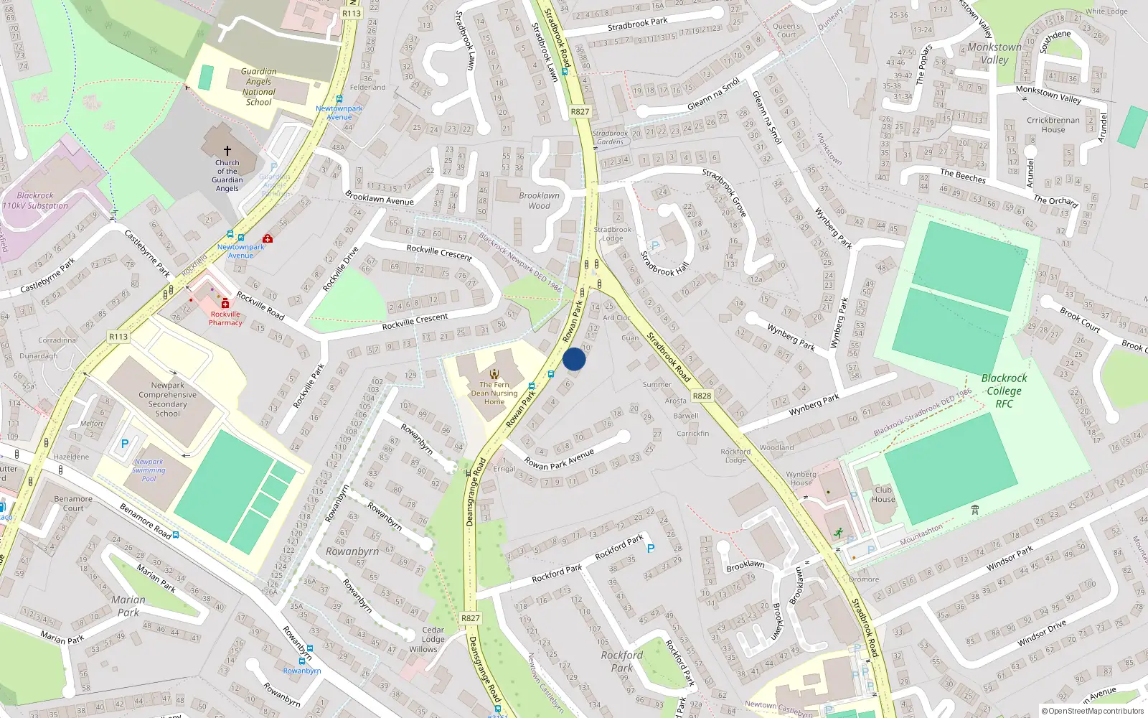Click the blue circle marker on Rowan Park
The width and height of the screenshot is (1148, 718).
pyautogui.click(x=574, y=359)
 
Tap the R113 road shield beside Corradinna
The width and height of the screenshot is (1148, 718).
pyautogui.click(x=118, y=337)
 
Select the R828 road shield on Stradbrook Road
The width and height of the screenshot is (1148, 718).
pyautogui.click(x=702, y=396)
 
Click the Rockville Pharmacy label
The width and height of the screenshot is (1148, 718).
pyautogui.click(x=225, y=318)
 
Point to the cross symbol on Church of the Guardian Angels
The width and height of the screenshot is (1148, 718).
pyautogui.click(x=227, y=151)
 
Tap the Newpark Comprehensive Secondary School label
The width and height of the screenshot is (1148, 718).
pyautogui.click(x=167, y=399)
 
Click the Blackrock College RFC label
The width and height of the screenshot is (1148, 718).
pyautogui.click(x=1004, y=391)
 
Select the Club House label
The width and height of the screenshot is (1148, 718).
pyautogui.click(x=883, y=495)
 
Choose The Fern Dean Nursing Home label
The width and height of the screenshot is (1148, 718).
pyautogui.click(x=494, y=393)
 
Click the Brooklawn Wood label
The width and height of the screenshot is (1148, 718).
pyautogui.click(x=540, y=200)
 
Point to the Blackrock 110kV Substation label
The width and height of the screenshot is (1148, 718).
pyautogui.click(x=35, y=200)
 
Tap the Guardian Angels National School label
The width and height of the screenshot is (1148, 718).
pyautogui.click(x=259, y=87)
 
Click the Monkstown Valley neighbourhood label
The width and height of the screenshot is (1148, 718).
pyautogui.click(x=994, y=53)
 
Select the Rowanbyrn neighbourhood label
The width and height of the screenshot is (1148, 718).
pyautogui.click(x=352, y=551)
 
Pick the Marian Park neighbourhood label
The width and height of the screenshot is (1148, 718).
pyautogui.click(x=128, y=606)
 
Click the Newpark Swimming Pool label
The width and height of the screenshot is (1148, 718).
pyautogui.click(x=149, y=470)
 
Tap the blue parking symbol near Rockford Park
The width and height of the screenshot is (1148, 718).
pyautogui.click(x=651, y=549)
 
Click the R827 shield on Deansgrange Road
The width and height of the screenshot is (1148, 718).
pyautogui.click(x=471, y=618)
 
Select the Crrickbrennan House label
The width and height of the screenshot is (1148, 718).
pyautogui.click(x=1053, y=125)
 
